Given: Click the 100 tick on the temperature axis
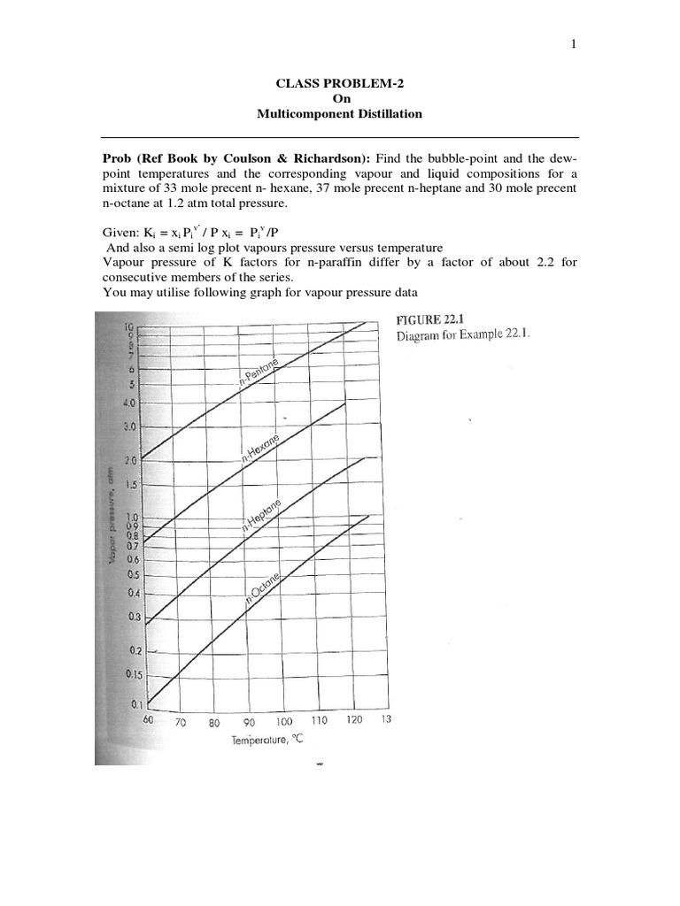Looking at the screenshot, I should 283,721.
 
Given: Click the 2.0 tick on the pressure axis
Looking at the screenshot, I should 132,461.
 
